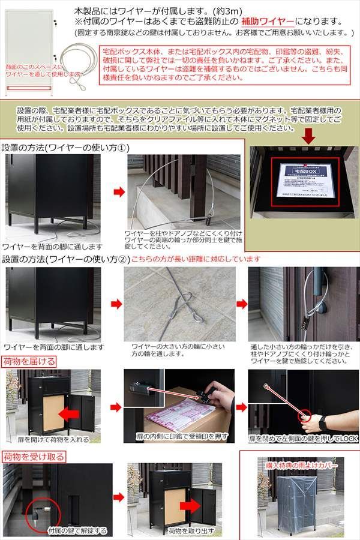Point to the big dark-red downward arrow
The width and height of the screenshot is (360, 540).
point(308,136)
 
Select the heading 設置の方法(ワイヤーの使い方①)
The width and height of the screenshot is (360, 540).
point(65,147)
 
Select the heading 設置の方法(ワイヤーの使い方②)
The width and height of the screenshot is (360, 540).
point(65,259)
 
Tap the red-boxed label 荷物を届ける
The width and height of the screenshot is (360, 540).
point(30,361)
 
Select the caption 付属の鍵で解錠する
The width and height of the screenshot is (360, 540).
point(78,530)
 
